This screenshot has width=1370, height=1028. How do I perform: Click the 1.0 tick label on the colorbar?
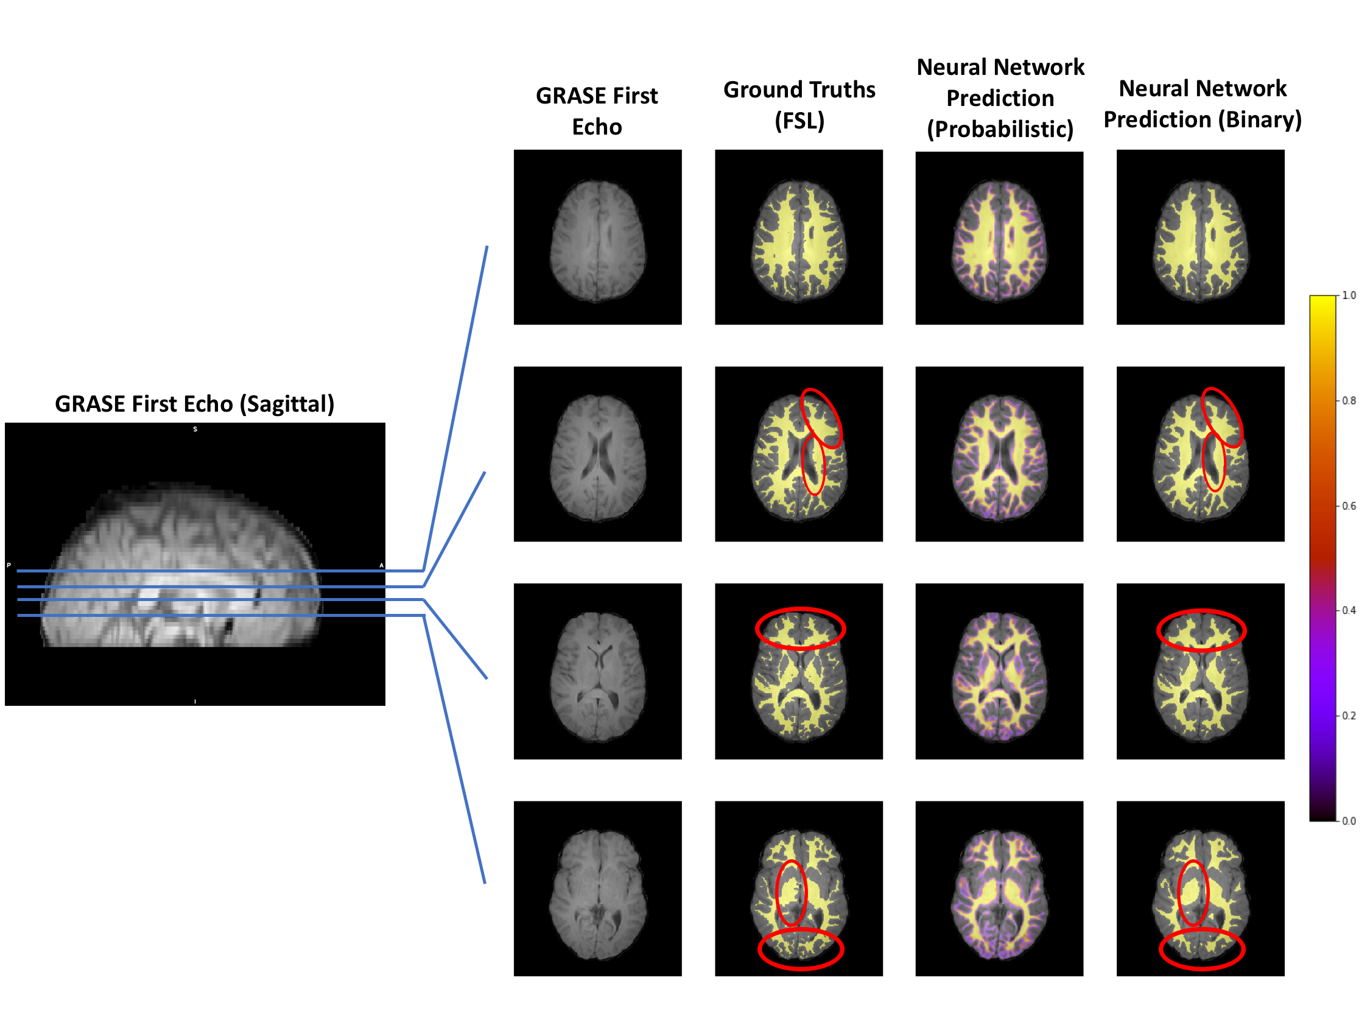1348,295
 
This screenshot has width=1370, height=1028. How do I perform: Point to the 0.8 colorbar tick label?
1348,401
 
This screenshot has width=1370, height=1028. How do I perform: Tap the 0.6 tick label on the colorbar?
1348,506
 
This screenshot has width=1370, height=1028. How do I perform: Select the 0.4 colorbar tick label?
1348,610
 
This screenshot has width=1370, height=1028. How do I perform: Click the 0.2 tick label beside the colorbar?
1348,716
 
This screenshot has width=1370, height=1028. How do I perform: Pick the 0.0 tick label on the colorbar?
1348,821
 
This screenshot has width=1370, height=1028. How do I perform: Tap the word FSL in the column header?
799,121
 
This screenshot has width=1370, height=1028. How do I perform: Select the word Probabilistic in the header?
1000,130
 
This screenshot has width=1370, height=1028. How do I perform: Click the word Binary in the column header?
1260,119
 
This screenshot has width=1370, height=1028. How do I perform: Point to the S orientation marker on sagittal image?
195,429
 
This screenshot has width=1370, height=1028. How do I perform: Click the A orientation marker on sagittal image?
382,565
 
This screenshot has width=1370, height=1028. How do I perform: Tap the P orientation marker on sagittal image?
9,565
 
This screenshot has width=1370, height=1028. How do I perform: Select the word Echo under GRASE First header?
597,127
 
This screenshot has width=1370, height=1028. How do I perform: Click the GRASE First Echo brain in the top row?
598,241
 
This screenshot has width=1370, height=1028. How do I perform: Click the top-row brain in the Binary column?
1200,241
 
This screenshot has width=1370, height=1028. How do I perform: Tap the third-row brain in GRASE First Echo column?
598,676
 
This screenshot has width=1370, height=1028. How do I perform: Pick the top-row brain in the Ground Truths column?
799,241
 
